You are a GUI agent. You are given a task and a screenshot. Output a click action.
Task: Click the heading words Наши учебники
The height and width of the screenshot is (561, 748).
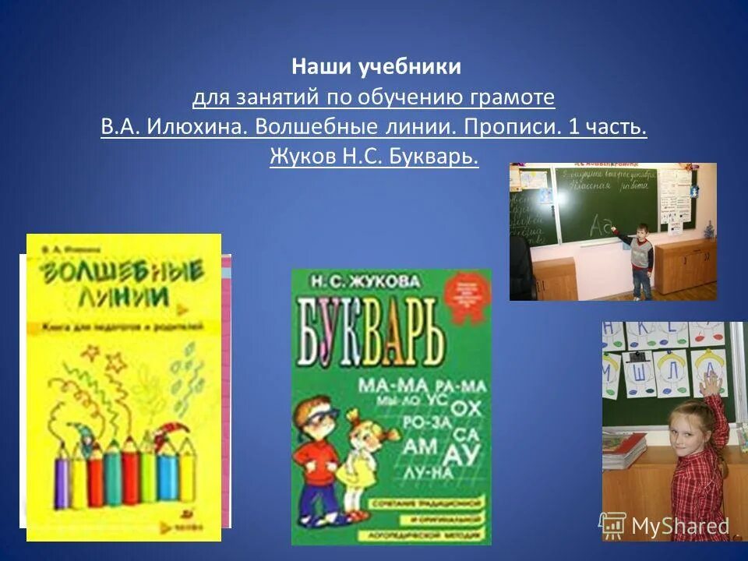pyautogui.click(x=376, y=68)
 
